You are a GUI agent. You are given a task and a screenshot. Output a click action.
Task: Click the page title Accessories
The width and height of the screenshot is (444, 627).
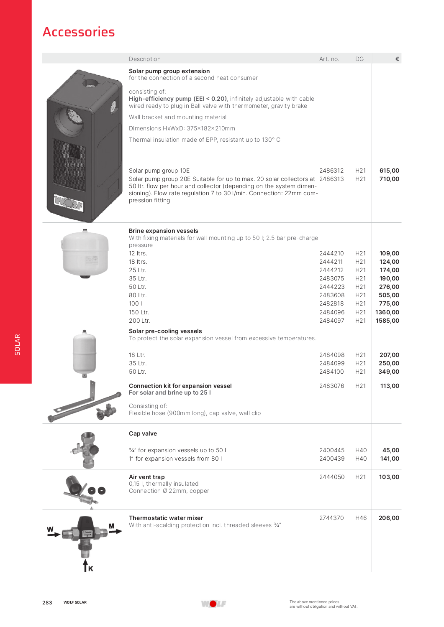pos(79,32)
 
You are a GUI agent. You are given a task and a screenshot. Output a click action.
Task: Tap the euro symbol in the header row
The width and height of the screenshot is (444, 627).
pos(397,59)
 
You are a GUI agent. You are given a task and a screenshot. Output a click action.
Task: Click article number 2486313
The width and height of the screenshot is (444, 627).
pos(331,179)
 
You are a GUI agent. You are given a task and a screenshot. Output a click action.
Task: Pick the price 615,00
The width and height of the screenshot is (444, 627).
pos(389,171)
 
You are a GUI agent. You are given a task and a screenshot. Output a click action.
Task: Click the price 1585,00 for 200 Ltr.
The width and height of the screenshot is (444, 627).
pos(387,321)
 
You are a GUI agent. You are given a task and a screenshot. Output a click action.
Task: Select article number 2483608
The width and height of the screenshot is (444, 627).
pos(332,295)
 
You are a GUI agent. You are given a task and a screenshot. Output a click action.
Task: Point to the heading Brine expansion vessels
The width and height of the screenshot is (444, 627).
pos(164,231)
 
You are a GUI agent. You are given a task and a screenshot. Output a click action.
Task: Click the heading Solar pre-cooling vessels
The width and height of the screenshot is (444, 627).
pos(165,331)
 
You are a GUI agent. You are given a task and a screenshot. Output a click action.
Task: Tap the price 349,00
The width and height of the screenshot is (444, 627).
pos(389,372)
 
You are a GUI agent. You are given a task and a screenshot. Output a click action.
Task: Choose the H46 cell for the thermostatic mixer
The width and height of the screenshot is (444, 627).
pos(361,518)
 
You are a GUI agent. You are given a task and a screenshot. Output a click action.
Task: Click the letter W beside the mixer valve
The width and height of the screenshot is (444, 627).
pos(50,529)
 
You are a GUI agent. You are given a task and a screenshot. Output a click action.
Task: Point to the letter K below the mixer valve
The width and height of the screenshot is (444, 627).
pos(90,568)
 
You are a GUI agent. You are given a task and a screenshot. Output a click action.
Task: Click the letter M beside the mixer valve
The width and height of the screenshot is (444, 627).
pos(111,526)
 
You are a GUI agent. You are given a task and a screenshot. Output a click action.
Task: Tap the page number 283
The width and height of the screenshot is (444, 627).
pos(47,602)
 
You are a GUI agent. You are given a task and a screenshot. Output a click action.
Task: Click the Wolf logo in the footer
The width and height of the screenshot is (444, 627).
pos(213,604)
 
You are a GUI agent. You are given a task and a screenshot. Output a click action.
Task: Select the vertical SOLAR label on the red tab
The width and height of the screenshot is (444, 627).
pos(17,344)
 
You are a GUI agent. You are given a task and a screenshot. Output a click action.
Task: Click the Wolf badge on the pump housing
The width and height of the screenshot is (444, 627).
pos(68,203)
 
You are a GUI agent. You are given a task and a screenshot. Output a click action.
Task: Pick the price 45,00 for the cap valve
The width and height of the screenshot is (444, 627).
pos(390,450)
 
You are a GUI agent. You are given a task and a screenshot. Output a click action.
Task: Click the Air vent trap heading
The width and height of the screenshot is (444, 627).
pos(147,477)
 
